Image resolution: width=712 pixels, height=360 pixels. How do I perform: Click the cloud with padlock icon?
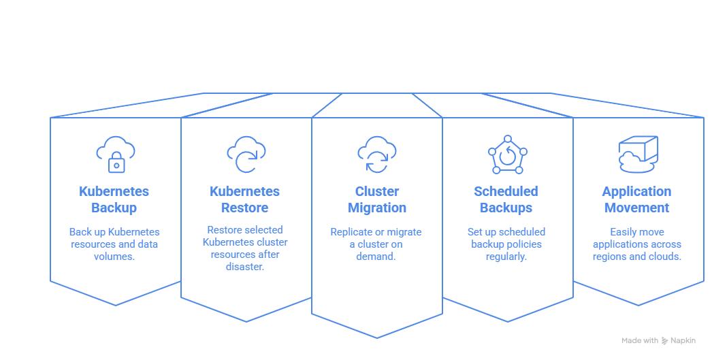pos(116,154)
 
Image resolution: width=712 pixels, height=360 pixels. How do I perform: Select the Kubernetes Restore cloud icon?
pos(246,154)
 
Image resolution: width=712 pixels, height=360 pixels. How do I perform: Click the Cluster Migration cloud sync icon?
pos(376,154)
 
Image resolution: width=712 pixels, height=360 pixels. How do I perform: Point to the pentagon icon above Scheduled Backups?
pos(507,154)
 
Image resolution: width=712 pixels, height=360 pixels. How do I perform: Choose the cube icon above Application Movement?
pos(638,154)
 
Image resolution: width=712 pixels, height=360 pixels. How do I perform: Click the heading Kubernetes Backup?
pos(114,199)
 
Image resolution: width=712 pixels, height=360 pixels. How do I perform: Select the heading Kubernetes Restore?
pos(244,199)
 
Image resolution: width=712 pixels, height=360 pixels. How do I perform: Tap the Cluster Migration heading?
pos(376,199)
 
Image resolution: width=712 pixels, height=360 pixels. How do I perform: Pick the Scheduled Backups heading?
pos(506,199)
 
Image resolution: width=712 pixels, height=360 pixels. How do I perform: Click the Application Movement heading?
pos(636,199)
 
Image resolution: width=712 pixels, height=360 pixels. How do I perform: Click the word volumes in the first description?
pos(114,257)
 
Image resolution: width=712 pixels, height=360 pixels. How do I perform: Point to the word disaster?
pos(245,267)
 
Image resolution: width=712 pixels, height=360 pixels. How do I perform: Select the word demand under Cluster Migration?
pos(376,257)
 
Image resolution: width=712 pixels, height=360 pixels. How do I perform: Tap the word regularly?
pos(506,257)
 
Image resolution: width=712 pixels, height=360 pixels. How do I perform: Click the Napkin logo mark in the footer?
pos(664,340)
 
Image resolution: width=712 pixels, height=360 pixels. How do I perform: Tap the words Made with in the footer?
pos(639,340)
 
